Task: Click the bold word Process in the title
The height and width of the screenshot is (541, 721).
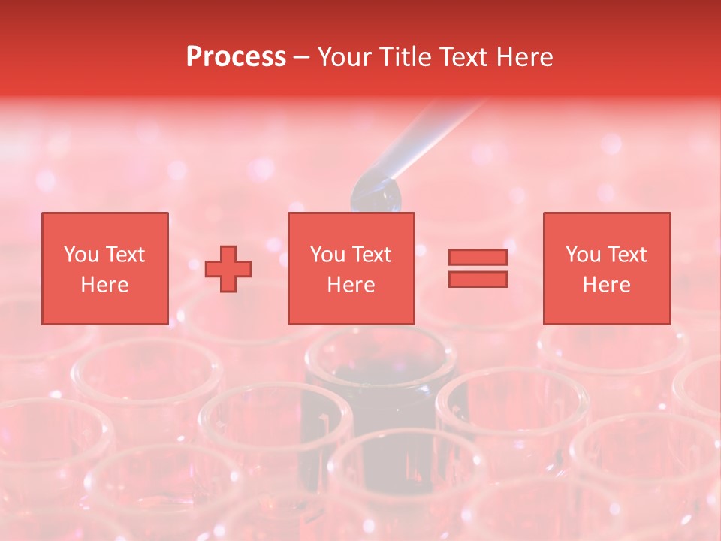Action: click(236, 57)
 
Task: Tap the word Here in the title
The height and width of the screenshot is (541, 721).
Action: click(523, 57)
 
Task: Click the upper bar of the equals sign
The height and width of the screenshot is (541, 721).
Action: click(478, 258)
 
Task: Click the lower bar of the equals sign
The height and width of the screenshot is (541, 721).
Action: click(478, 279)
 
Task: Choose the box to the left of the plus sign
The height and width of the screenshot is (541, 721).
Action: click(104, 268)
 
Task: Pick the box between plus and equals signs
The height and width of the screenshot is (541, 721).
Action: click(351, 268)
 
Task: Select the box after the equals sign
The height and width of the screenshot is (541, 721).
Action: click(606, 268)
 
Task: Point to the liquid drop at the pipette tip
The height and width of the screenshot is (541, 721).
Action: click(377, 195)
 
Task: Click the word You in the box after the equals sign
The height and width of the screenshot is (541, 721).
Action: click(583, 255)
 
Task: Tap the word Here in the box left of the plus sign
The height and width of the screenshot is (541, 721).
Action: click(104, 285)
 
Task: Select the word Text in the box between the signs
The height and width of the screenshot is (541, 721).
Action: click(372, 255)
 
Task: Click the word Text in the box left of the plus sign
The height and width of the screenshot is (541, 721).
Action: click(125, 255)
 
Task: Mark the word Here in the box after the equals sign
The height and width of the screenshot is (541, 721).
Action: click(606, 285)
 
